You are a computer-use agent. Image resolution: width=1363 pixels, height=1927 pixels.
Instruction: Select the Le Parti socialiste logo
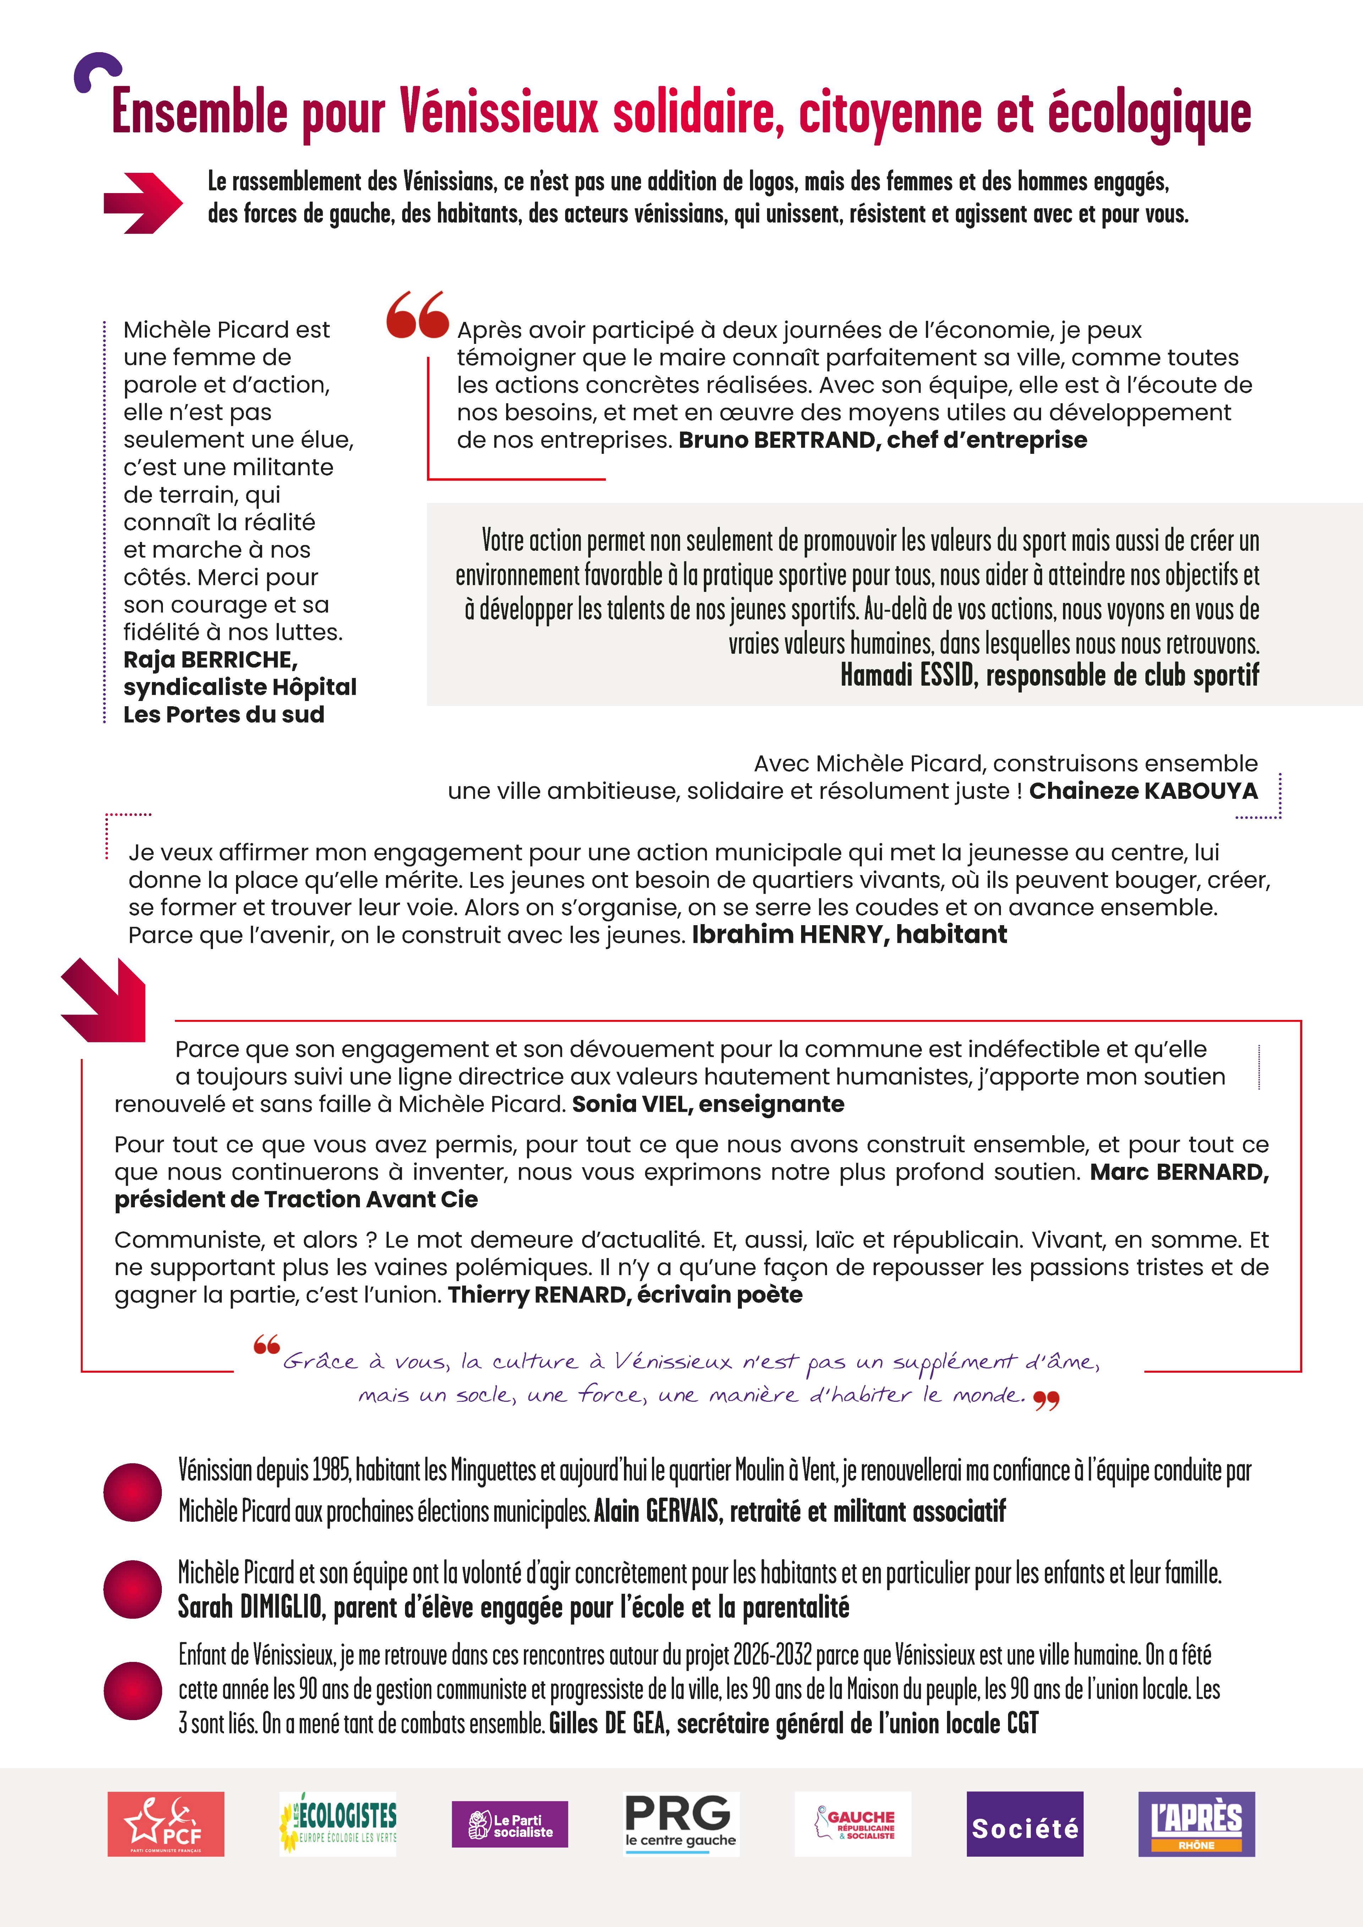click(509, 1824)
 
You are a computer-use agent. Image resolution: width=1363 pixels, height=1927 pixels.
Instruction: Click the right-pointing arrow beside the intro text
click(143, 202)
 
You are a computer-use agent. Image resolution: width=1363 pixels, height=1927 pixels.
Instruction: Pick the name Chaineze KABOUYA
click(1143, 791)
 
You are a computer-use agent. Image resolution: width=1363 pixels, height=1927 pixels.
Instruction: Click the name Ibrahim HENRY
click(789, 934)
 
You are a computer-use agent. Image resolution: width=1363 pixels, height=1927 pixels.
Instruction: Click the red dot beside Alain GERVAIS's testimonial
click(133, 1492)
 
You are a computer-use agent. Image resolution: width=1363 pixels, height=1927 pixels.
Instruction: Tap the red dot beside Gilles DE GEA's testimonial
click(133, 1690)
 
